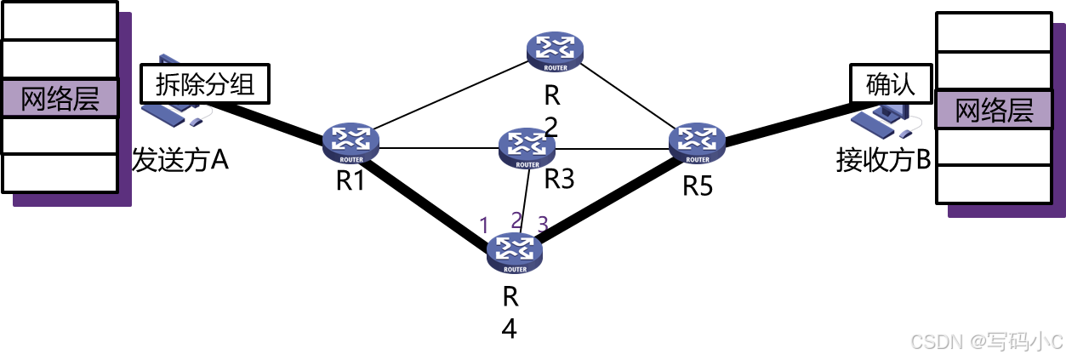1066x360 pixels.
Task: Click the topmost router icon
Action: (x=555, y=51)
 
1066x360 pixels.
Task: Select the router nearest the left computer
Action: (x=351, y=142)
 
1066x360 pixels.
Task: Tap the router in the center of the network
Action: (x=527, y=147)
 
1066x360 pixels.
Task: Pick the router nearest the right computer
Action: (x=697, y=142)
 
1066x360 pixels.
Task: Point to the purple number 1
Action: (x=484, y=226)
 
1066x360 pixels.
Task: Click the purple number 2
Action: (x=516, y=220)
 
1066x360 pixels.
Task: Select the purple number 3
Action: (x=543, y=225)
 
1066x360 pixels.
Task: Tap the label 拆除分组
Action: (x=205, y=84)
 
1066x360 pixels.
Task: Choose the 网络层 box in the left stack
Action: (x=60, y=98)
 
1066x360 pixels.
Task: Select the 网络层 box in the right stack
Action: (x=994, y=111)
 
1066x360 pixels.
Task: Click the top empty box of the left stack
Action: (x=60, y=21)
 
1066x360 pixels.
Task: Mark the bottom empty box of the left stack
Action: (x=60, y=173)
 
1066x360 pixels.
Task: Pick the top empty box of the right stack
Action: (x=994, y=32)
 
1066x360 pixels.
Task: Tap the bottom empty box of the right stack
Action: (x=994, y=184)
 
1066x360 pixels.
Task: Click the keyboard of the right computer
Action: (x=875, y=123)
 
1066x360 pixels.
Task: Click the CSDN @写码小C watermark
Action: (x=986, y=341)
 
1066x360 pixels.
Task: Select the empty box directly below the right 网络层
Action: (x=994, y=146)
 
